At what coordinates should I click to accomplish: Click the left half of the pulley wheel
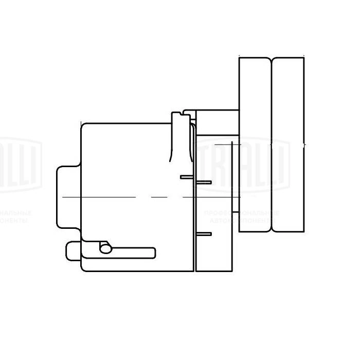click(x=255, y=144)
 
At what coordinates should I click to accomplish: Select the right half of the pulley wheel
click(x=288, y=144)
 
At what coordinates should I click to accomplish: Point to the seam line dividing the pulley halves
click(x=271, y=144)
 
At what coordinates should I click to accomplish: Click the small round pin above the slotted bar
click(x=105, y=248)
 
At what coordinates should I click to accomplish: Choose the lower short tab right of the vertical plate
click(x=204, y=234)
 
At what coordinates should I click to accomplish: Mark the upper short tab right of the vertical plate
click(x=204, y=182)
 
